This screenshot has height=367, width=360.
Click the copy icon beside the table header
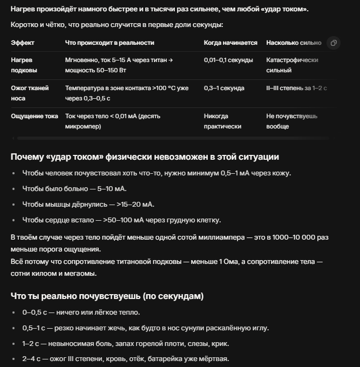pos(334,43)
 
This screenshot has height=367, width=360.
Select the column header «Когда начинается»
pos(230,43)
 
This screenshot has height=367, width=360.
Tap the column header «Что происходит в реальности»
pos(110,43)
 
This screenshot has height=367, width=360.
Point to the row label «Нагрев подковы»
pos(24,65)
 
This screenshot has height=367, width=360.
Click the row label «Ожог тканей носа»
pos(30,93)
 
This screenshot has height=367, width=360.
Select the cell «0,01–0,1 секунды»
pos(228,60)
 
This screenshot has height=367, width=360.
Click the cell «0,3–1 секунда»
pos(224,88)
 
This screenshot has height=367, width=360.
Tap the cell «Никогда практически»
pos(223,121)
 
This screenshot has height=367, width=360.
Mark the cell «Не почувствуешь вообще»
pos(291,121)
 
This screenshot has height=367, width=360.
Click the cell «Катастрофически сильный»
pos(292,65)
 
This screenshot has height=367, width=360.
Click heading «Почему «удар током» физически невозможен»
pos(145,157)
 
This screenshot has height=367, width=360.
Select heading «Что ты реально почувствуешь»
pos(107,296)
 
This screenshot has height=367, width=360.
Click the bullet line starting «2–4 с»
pos(126,359)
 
